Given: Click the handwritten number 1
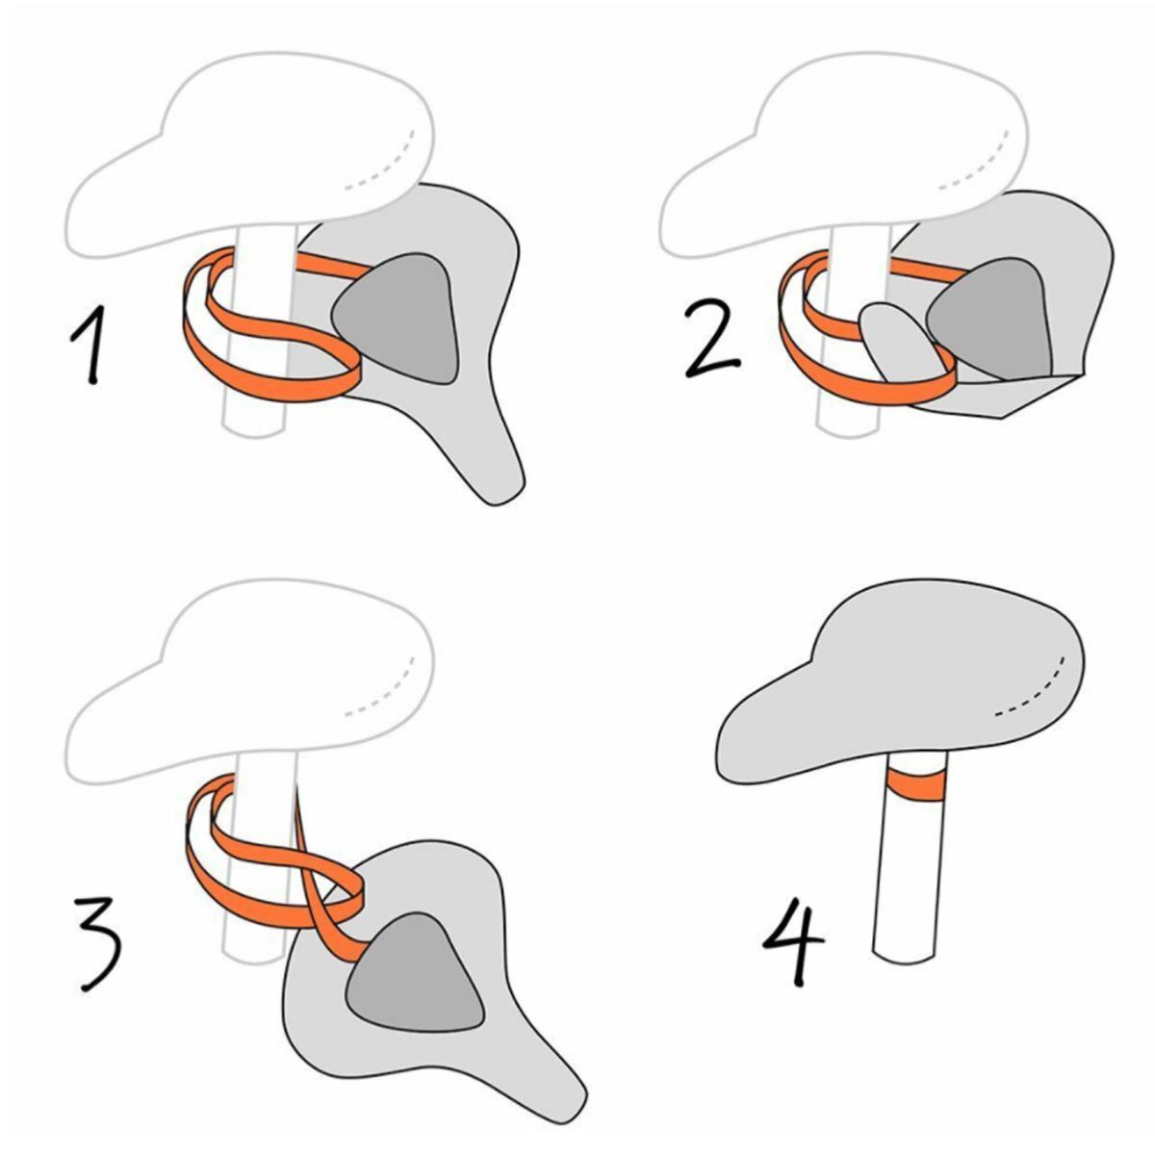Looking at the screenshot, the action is click(x=90, y=345).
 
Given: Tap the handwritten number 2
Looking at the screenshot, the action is click(x=712, y=339).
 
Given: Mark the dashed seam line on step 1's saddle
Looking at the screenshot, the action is click(x=384, y=163).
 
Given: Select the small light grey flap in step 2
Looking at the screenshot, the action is click(x=899, y=342).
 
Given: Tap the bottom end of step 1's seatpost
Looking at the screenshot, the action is click(x=253, y=433).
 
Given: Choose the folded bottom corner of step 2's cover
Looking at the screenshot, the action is click(x=1002, y=418).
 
